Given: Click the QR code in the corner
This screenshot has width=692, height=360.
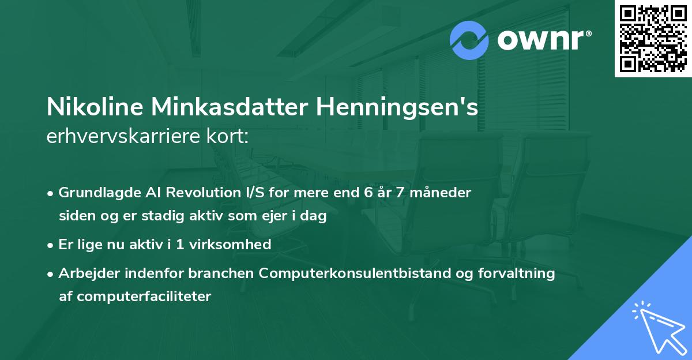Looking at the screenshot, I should (x=653, y=38).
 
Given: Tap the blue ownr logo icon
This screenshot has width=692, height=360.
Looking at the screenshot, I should (x=469, y=40).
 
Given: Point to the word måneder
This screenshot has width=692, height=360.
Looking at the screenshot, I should (x=443, y=193).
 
